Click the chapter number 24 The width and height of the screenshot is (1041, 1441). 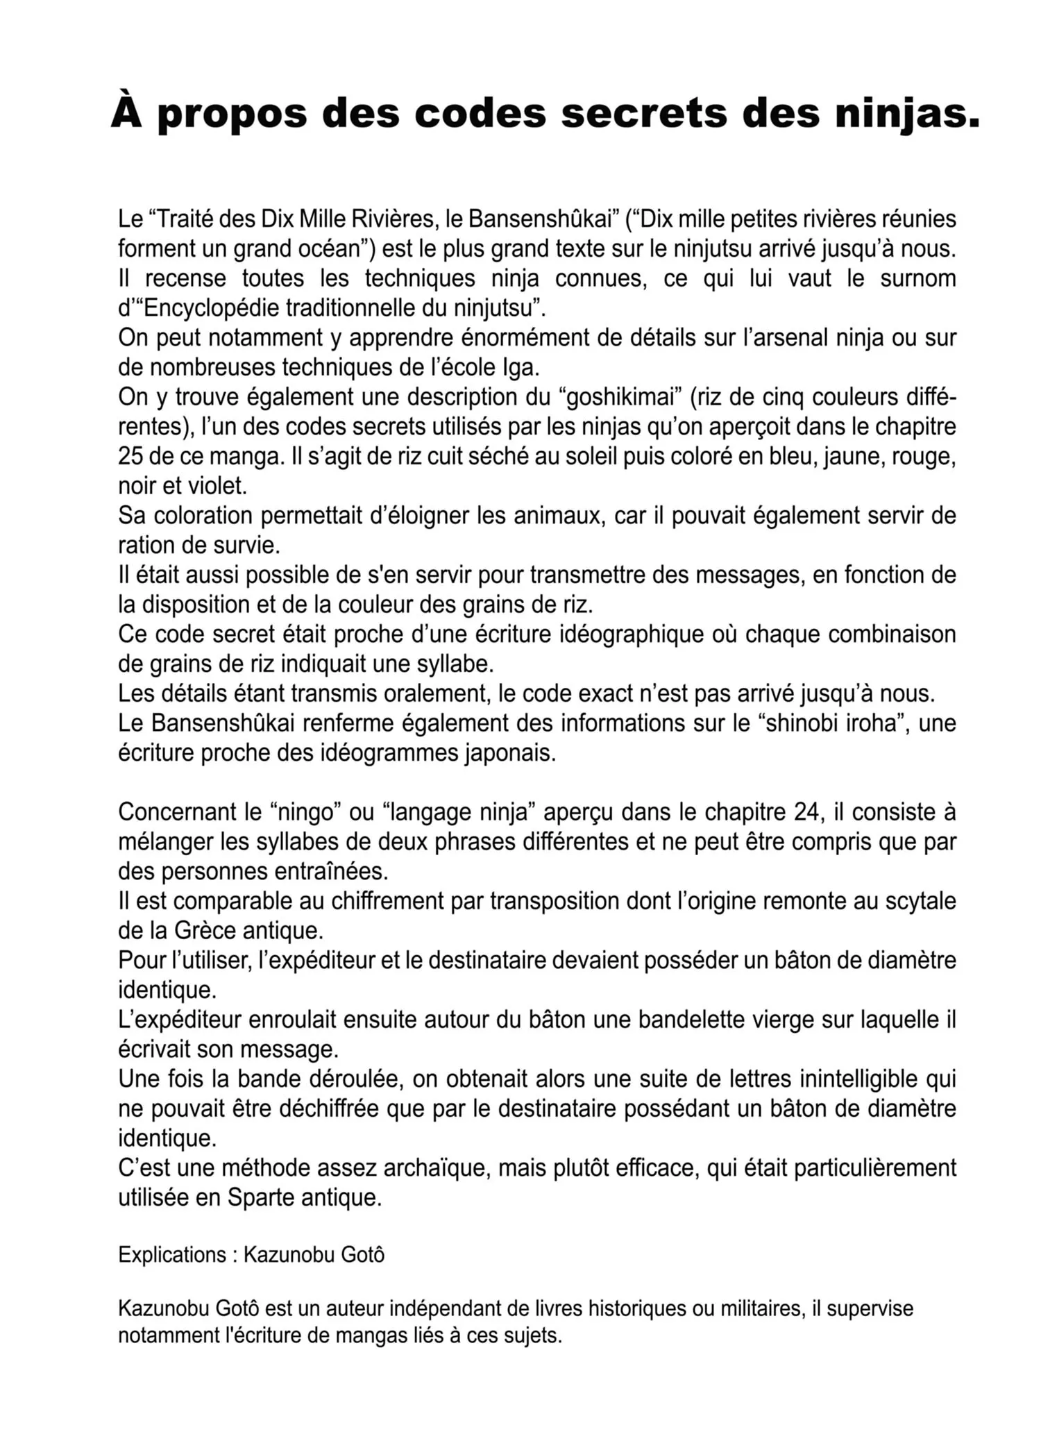pyautogui.click(x=808, y=812)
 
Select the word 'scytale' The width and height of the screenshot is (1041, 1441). pyautogui.click(x=920, y=901)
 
